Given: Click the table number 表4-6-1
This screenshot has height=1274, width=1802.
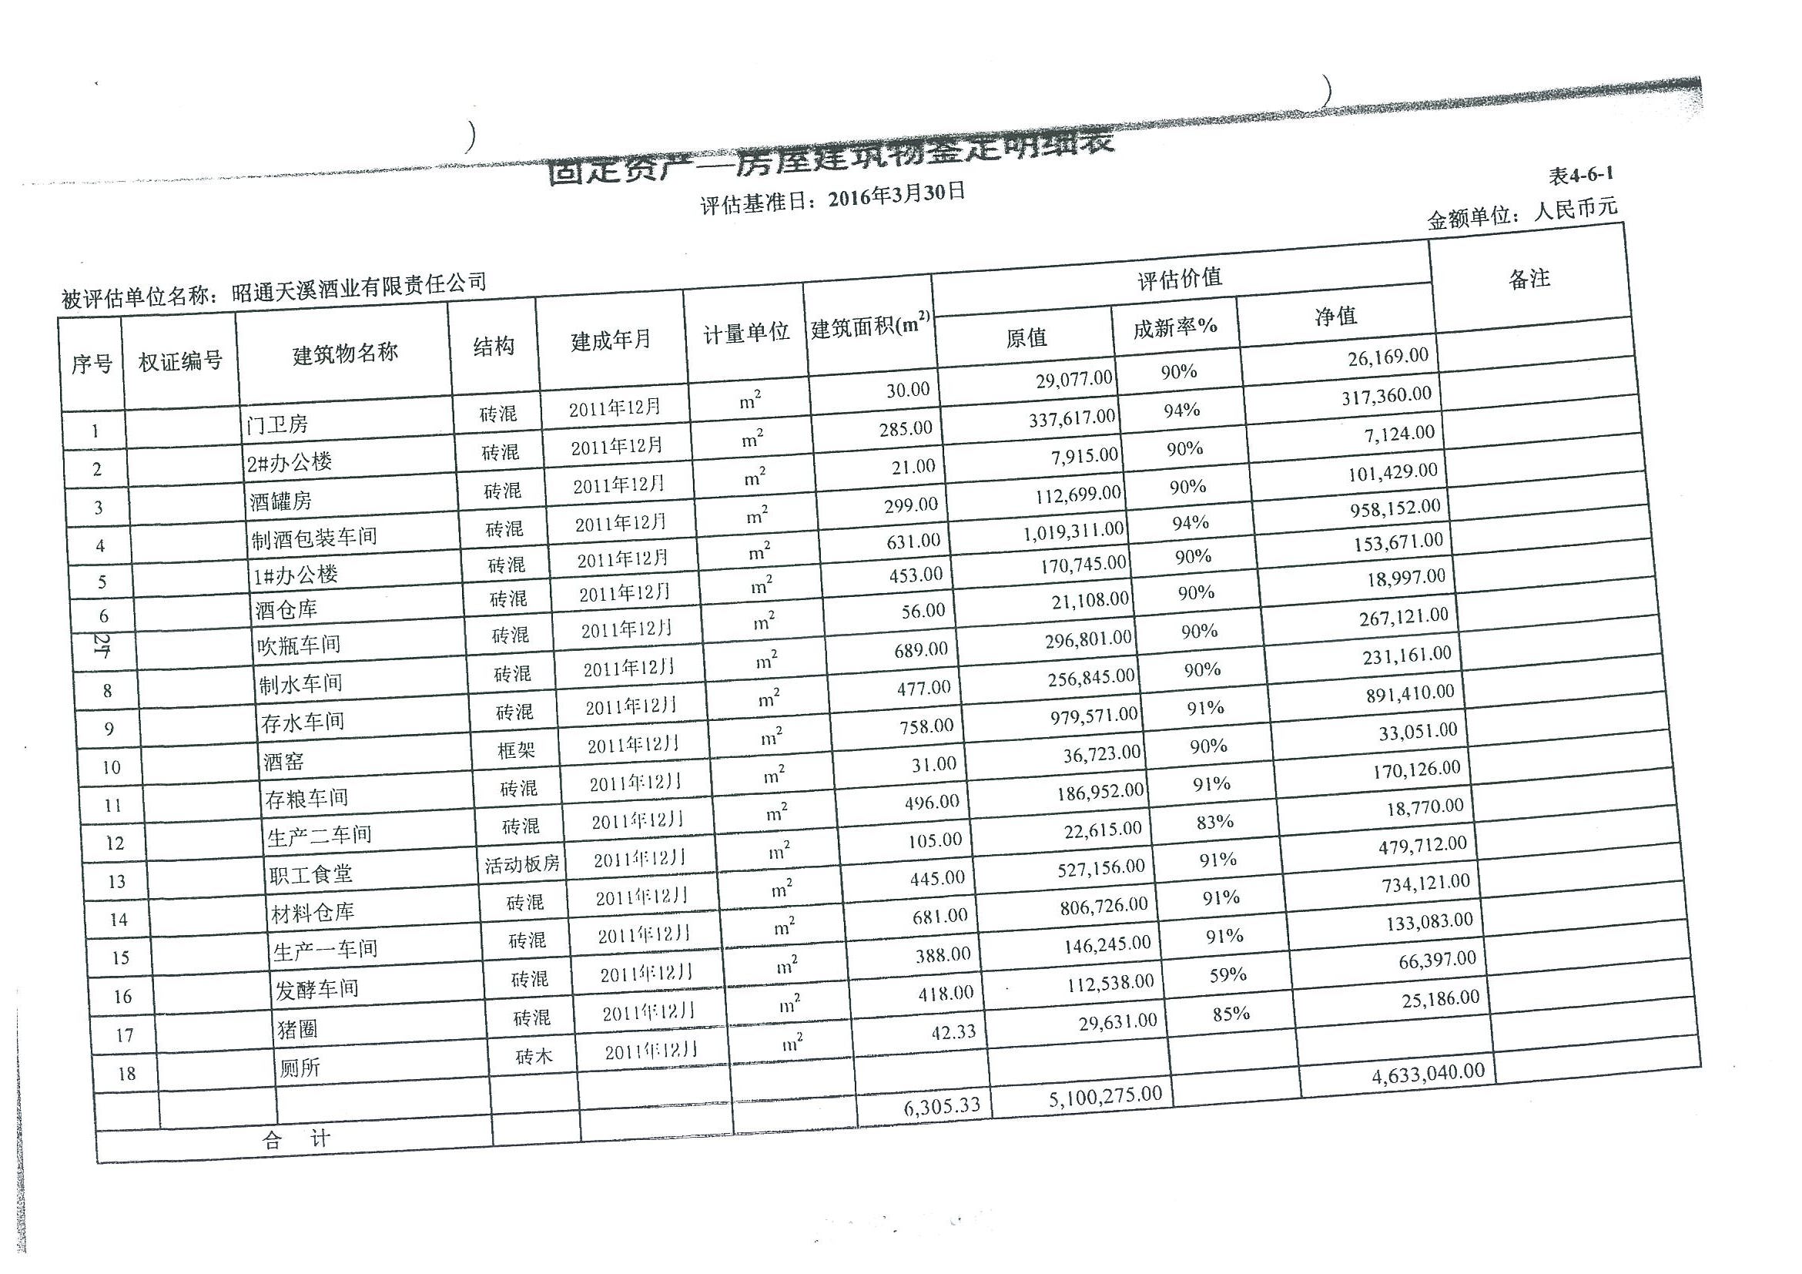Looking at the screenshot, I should coord(1581,174).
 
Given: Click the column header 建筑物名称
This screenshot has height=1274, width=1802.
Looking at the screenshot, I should coord(345,354).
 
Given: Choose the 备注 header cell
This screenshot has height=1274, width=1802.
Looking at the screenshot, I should coord(1529,279).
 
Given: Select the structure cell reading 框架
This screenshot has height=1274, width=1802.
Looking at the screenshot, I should coord(517,750).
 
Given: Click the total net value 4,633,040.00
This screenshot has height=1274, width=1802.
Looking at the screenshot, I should coord(1428,1074).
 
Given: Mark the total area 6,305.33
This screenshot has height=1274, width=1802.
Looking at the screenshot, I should coord(942,1107).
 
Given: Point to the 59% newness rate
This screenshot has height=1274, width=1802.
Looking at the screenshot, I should coord(1228,975).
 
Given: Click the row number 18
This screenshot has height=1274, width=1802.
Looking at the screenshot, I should coord(126,1074).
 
